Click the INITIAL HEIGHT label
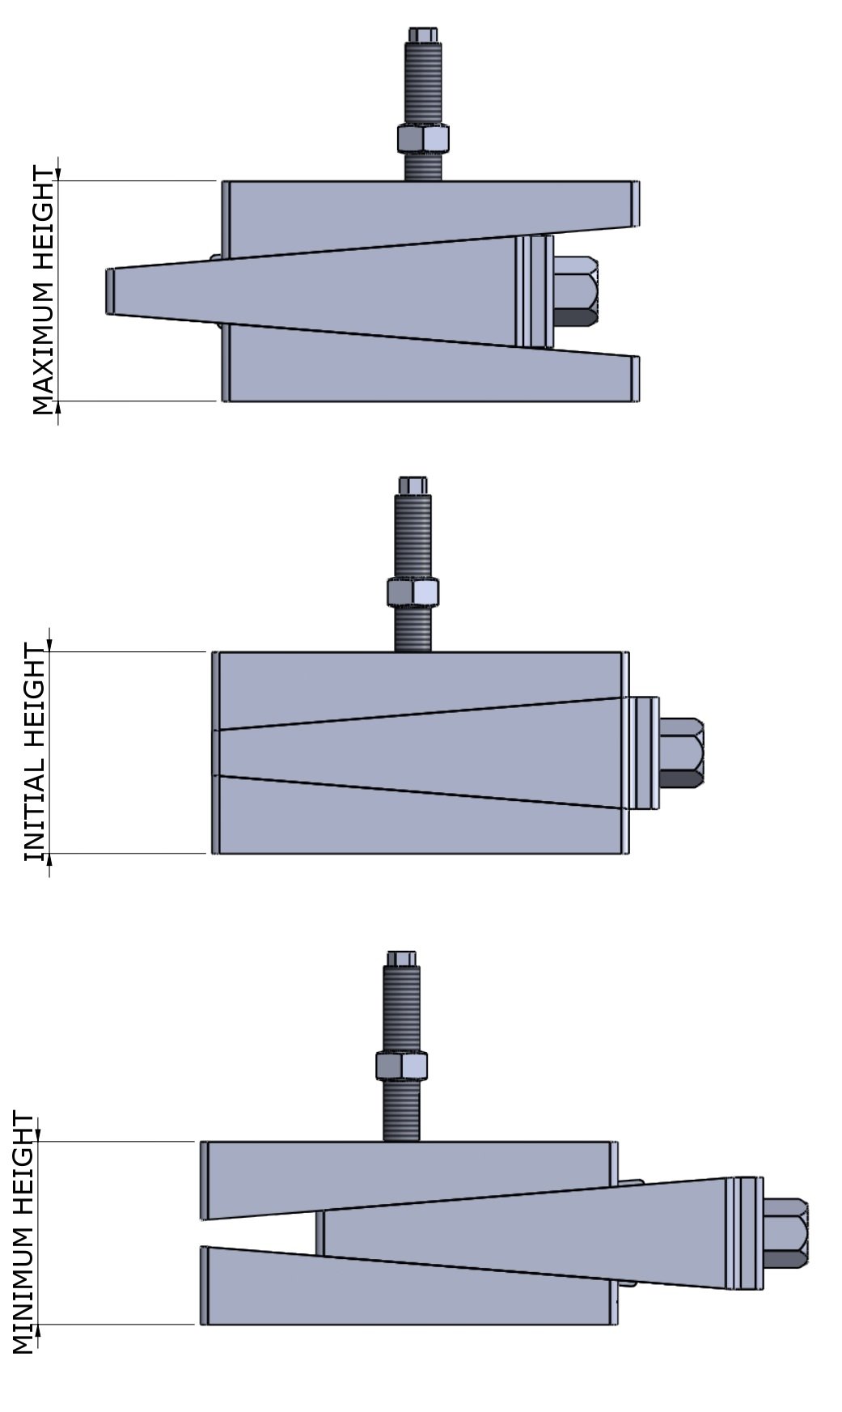[x=36, y=753]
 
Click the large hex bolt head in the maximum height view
[x=577, y=290]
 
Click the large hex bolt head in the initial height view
[x=681, y=753]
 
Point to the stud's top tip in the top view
[x=424, y=35]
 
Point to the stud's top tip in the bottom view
[x=401, y=958]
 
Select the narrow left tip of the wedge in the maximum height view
[x=112, y=290]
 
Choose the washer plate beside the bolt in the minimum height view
[x=744, y=1233]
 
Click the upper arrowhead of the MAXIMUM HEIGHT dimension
[x=57, y=174]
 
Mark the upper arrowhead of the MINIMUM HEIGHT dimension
[x=37, y=1134]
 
